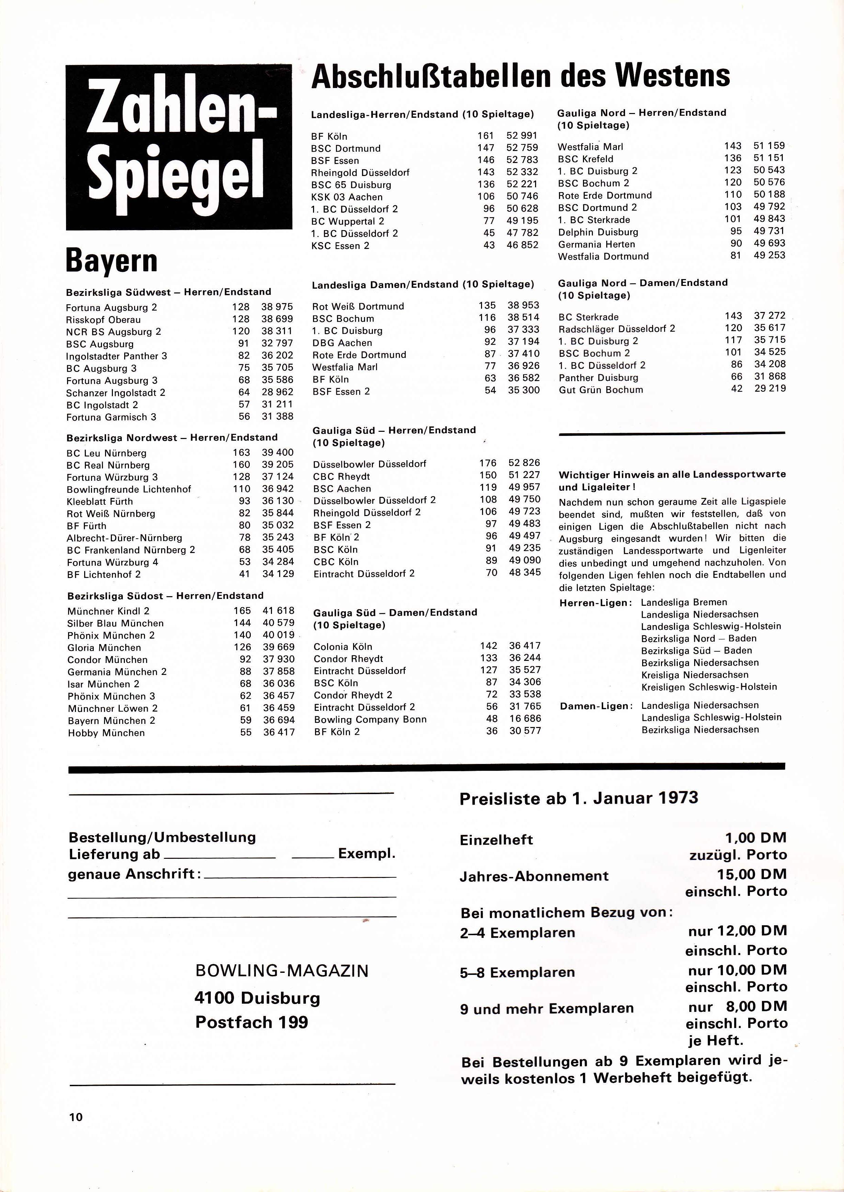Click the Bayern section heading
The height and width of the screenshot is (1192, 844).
(112, 261)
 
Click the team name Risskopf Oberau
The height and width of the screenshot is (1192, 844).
(103, 319)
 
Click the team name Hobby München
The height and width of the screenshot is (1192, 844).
(106, 733)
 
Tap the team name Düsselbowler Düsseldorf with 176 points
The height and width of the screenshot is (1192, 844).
(369, 463)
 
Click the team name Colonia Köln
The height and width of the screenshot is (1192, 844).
(343, 647)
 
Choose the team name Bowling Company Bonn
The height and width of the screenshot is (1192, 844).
(370, 719)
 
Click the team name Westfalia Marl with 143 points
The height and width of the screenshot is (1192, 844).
(590, 147)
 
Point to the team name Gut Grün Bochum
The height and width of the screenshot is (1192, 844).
(600, 390)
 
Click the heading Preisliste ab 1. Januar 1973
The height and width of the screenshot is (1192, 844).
(579, 798)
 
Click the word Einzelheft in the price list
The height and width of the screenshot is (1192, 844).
(496, 840)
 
